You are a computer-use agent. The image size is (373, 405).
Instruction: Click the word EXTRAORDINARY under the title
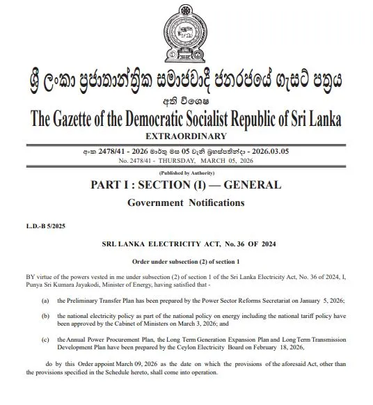(x=186, y=135)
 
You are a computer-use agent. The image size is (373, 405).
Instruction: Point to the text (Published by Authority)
(x=186, y=172)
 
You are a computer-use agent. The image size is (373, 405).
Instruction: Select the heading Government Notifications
(x=186, y=202)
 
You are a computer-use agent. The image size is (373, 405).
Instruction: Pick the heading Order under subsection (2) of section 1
(x=186, y=261)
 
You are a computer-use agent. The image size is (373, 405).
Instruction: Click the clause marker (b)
(x=45, y=317)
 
